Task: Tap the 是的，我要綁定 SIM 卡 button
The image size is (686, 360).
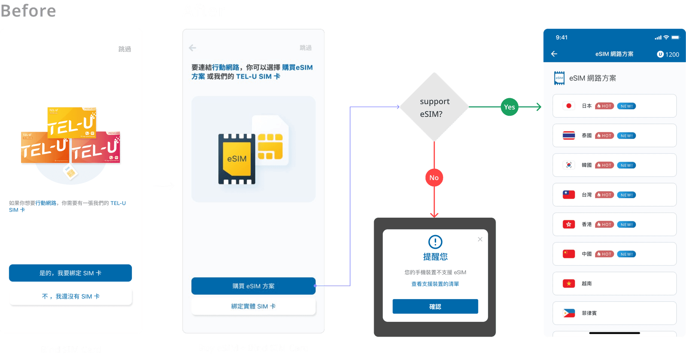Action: click(70, 273)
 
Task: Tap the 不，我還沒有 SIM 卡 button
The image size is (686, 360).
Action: click(70, 296)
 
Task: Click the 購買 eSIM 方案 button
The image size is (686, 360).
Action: click(253, 286)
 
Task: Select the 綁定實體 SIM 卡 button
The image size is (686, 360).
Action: click(253, 306)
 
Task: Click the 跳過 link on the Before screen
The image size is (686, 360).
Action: click(125, 49)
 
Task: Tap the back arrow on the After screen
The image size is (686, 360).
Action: click(193, 48)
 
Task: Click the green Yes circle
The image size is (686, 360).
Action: click(509, 107)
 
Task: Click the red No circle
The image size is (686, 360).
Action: click(434, 178)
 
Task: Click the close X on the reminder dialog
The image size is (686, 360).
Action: click(480, 239)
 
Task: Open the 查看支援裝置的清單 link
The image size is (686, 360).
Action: click(435, 284)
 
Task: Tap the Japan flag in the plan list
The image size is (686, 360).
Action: click(569, 106)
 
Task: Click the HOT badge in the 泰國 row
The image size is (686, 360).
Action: click(605, 136)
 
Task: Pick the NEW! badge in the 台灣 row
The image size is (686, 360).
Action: click(626, 195)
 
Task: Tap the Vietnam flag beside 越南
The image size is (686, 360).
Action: click(569, 284)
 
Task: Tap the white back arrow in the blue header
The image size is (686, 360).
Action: click(554, 54)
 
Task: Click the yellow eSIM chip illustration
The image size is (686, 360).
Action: click(237, 159)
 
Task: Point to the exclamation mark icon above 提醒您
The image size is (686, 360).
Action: click(435, 242)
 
